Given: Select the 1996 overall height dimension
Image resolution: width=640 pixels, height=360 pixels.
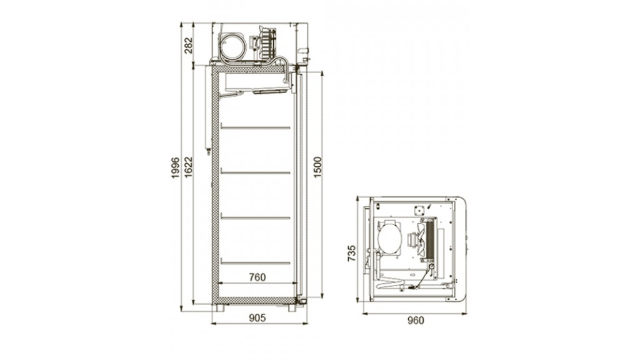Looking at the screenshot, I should coord(176,167).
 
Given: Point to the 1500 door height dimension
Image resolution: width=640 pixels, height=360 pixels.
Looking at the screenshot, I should coord(317,167).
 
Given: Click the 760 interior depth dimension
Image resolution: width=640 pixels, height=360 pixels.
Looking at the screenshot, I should coord(257,277).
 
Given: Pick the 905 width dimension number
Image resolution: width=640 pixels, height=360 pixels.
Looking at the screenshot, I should coord(257,317).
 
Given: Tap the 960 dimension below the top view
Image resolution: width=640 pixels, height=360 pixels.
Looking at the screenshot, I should coord(416,321).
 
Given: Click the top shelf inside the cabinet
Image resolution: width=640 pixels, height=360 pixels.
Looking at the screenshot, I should coord(256,127).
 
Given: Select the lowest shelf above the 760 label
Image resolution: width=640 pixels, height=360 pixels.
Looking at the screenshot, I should coord(256,262).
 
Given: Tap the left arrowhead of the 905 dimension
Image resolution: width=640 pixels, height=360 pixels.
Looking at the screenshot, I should coord(214,324).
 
